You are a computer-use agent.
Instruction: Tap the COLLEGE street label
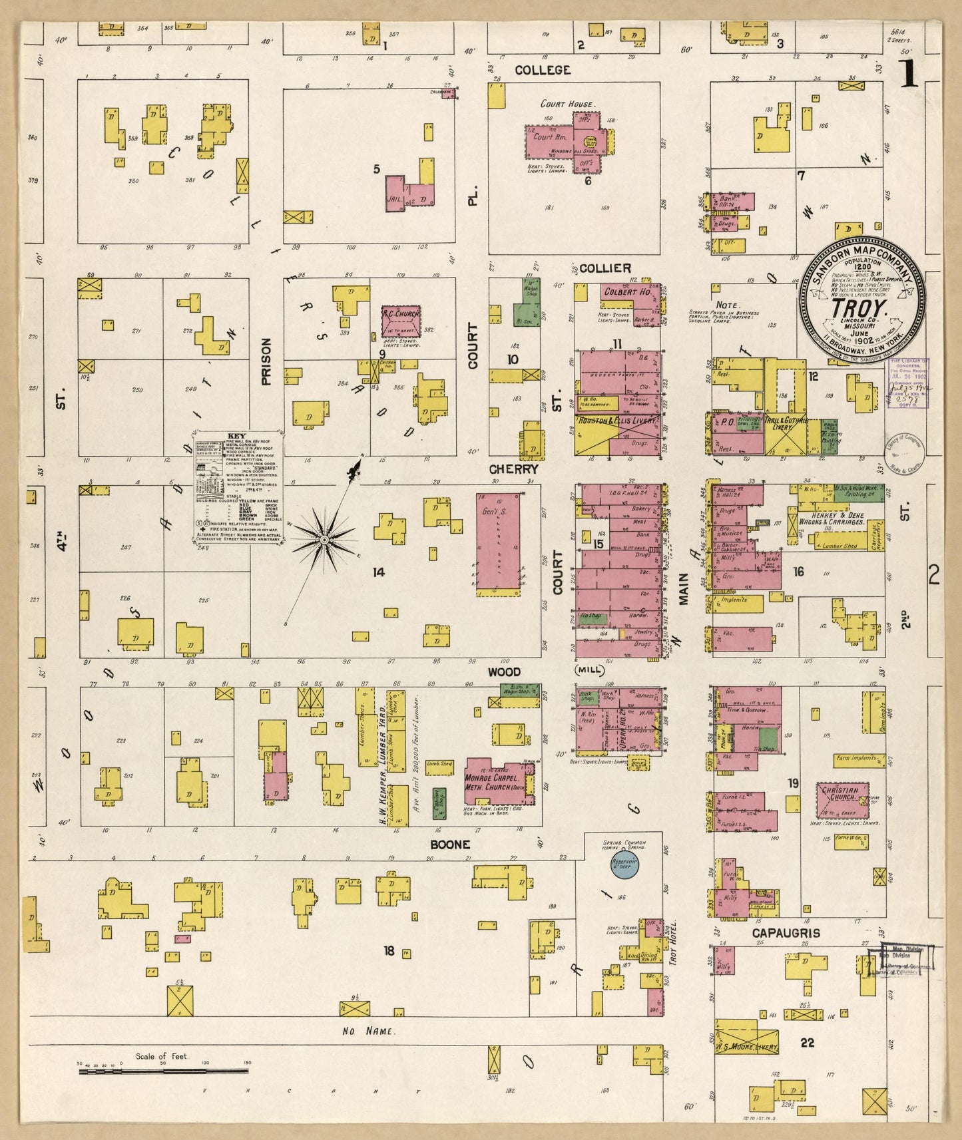(x=543, y=70)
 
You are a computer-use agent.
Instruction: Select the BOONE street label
(x=450, y=845)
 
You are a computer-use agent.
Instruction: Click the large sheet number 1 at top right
(x=909, y=75)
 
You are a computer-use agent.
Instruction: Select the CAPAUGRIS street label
(x=786, y=933)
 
